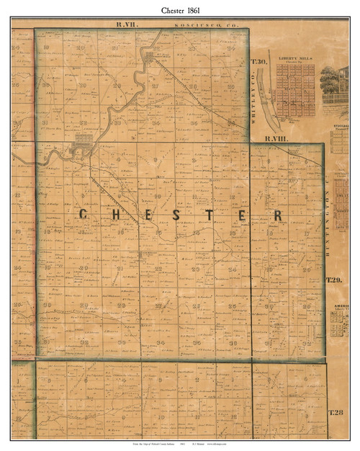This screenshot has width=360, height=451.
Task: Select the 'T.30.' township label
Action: (x=260, y=63)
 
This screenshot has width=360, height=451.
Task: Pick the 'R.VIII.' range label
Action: (x=275, y=138)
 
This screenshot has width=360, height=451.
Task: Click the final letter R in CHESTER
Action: (x=276, y=215)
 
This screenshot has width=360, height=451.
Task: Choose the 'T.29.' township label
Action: (x=333, y=280)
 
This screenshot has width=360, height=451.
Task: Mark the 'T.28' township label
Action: (x=336, y=412)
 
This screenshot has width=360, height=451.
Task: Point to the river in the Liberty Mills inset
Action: (x=269, y=94)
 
